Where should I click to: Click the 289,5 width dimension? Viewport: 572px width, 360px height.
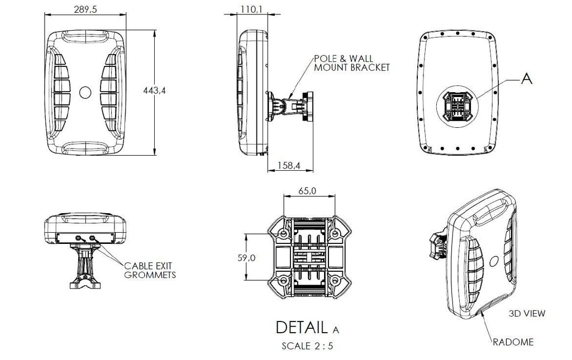[x=85, y=9]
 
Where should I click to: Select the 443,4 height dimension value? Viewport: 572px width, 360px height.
[x=154, y=90]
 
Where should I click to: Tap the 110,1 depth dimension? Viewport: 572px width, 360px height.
[x=251, y=9]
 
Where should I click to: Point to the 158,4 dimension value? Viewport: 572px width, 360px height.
[x=289, y=165]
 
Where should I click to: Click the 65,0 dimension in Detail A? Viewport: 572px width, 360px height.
[x=307, y=190]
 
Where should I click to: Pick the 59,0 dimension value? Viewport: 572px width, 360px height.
[x=246, y=258]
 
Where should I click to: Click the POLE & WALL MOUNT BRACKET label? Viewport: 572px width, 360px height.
[x=352, y=63]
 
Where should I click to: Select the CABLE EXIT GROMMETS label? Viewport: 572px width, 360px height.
[x=150, y=270]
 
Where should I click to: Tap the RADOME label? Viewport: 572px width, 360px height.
[x=513, y=342]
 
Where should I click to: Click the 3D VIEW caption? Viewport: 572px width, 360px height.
[x=527, y=313]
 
